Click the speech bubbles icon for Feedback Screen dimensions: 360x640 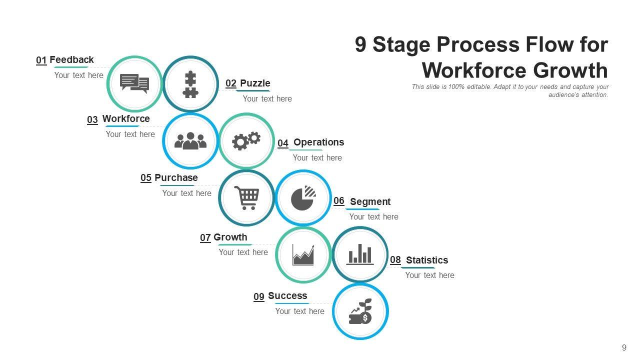coord(134,83)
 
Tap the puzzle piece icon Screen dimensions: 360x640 coord(190,84)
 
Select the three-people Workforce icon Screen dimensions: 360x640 coord(190,141)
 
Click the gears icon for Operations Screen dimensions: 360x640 coord(246,141)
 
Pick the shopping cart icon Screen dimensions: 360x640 coord(247,198)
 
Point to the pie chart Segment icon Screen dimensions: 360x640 coord(303,198)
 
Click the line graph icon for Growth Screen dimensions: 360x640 coord(303,254)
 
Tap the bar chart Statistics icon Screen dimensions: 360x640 coord(360,254)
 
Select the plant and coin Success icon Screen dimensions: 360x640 coord(360,311)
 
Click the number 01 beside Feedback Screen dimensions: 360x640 coord(41,60)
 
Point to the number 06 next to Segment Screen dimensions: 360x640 coord(339,201)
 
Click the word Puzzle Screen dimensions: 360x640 coord(255,83)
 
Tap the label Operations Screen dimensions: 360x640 coord(318,142)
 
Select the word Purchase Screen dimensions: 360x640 coord(176,178)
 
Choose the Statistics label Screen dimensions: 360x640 coord(427,260)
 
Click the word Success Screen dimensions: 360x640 coord(287,296)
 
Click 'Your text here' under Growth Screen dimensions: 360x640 coord(243,252)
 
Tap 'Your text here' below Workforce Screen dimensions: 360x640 coord(130,134)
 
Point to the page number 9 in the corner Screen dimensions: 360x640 coord(624,348)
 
